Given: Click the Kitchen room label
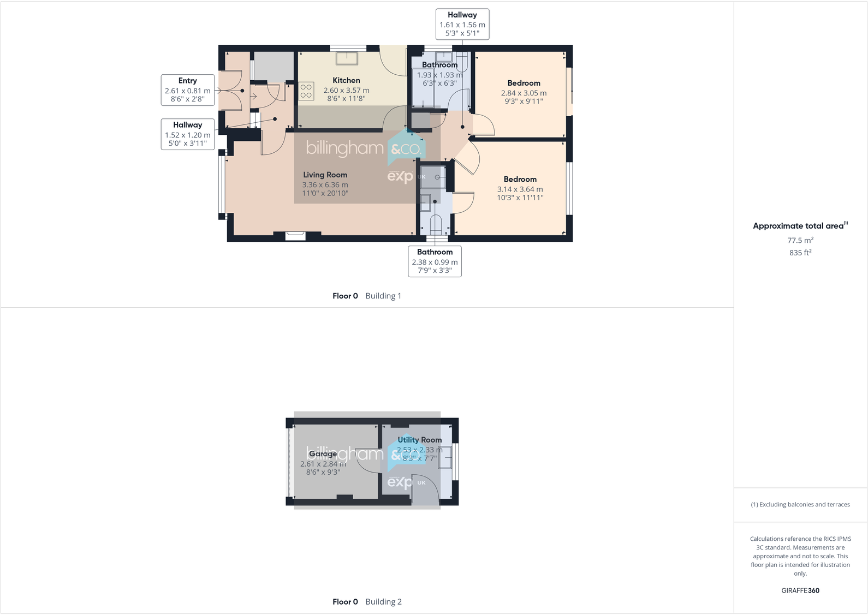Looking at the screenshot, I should pyautogui.click(x=346, y=80).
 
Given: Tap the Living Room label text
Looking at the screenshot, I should pyautogui.click(x=325, y=175).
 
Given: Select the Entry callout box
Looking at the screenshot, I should pyautogui.click(x=187, y=89).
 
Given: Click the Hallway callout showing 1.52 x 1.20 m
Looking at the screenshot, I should pyautogui.click(x=187, y=134).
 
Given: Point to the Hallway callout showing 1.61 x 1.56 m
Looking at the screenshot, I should pyautogui.click(x=462, y=24).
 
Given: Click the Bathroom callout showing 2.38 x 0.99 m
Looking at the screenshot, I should pyautogui.click(x=435, y=261).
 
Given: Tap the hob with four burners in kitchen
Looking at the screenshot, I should pyautogui.click(x=306, y=91).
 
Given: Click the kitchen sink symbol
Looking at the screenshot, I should pyautogui.click(x=346, y=58).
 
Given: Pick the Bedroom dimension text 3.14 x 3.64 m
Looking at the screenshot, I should pyautogui.click(x=520, y=189).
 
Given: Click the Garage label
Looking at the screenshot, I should pyautogui.click(x=323, y=453).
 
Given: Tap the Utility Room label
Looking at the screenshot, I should pyautogui.click(x=419, y=440).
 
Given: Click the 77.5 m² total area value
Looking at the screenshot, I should pyautogui.click(x=800, y=240).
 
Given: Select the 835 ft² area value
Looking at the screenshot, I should pyautogui.click(x=800, y=253).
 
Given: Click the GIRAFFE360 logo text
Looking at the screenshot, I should pyautogui.click(x=800, y=590).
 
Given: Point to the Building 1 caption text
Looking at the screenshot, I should pyautogui.click(x=383, y=296).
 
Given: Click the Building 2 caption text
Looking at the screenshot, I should pyautogui.click(x=383, y=602).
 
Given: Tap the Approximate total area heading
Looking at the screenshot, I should pyautogui.click(x=798, y=226).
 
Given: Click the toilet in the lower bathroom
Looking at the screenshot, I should pyautogui.click(x=435, y=224).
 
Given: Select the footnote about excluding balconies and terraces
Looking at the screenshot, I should pyautogui.click(x=800, y=505).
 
